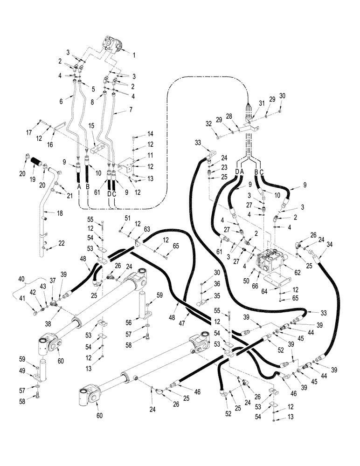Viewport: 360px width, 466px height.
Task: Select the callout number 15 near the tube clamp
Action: coord(91,139)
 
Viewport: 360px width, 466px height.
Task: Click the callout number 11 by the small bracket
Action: coord(137,155)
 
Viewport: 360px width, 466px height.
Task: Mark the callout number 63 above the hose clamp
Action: coord(147,228)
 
